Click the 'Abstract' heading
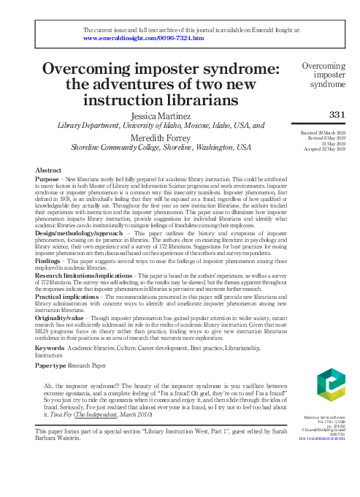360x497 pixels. tap(48, 170)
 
